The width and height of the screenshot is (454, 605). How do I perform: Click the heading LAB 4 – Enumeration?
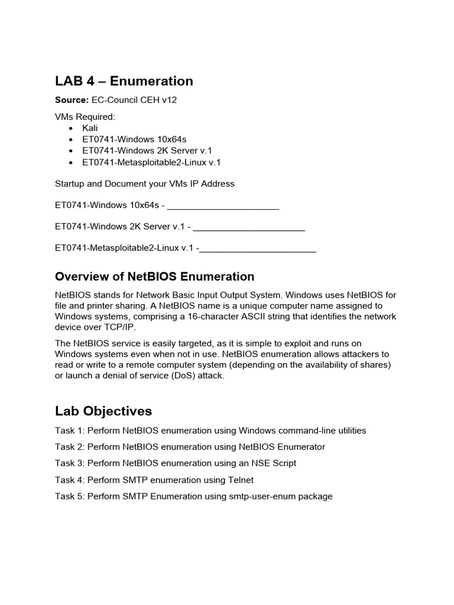pos(124,81)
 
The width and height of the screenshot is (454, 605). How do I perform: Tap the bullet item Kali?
pos(90,128)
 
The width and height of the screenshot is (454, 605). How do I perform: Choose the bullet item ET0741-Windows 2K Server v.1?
pos(147,151)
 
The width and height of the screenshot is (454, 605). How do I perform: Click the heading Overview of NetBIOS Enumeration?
pos(154,277)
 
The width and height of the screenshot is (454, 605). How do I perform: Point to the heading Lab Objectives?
pos(103,411)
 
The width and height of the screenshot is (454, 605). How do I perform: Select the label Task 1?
pos(69,431)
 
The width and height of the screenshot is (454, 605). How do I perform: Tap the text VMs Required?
pos(85,117)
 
